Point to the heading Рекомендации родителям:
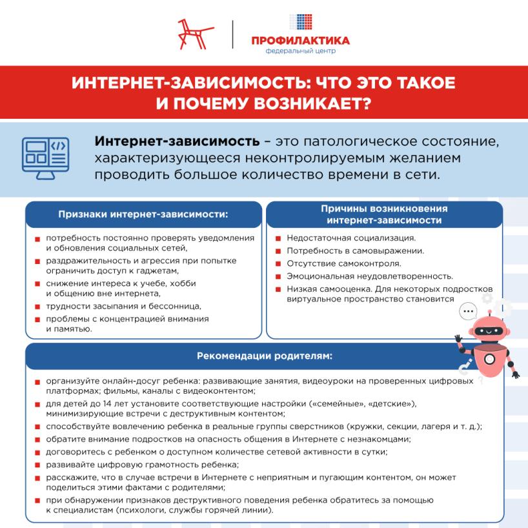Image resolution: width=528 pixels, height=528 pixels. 265,356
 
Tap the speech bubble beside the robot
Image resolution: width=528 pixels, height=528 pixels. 467,312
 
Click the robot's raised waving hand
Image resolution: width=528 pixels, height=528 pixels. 459,340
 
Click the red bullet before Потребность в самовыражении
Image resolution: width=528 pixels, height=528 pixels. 278,251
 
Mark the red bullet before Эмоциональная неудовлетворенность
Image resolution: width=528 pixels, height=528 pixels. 278,276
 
